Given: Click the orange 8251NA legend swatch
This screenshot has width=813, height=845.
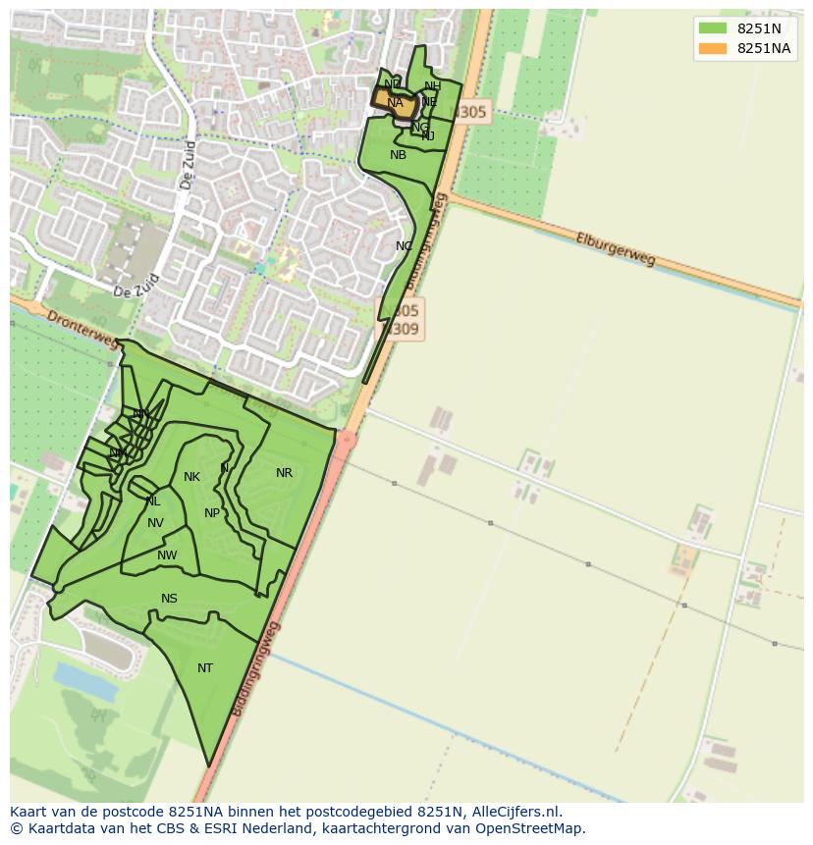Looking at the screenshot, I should click(x=713, y=49).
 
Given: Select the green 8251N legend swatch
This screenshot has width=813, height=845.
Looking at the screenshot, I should click(x=713, y=28).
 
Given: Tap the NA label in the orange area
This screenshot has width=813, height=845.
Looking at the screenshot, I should click(x=395, y=103).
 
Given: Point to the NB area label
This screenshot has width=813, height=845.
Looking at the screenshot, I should click(x=398, y=155).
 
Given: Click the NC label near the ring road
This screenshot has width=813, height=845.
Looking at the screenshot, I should click(x=404, y=246).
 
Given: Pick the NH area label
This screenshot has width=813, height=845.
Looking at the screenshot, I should click(x=432, y=86).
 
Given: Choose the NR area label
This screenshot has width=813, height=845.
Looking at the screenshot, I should click(x=284, y=473).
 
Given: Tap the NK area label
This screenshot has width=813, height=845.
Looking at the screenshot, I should click(x=191, y=477).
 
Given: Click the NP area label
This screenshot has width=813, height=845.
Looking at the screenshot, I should click(x=212, y=513).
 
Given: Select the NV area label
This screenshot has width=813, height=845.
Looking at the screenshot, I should click(x=155, y=523).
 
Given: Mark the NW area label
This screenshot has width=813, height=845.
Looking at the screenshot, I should click(x=167, y=555).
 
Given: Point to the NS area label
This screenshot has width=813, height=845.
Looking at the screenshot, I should click(x=169, y=599).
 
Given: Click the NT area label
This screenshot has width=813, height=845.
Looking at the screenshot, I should click(x=205, y=668).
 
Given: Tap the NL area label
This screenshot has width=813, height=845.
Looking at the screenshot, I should click(x=153, y=502).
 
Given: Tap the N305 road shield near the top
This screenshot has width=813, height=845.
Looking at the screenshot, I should click(x=470, y=113).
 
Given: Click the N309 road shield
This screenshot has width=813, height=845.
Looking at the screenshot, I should click(x=403, y=330).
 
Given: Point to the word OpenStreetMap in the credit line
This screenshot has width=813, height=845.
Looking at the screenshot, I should click(x=530, y=828).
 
